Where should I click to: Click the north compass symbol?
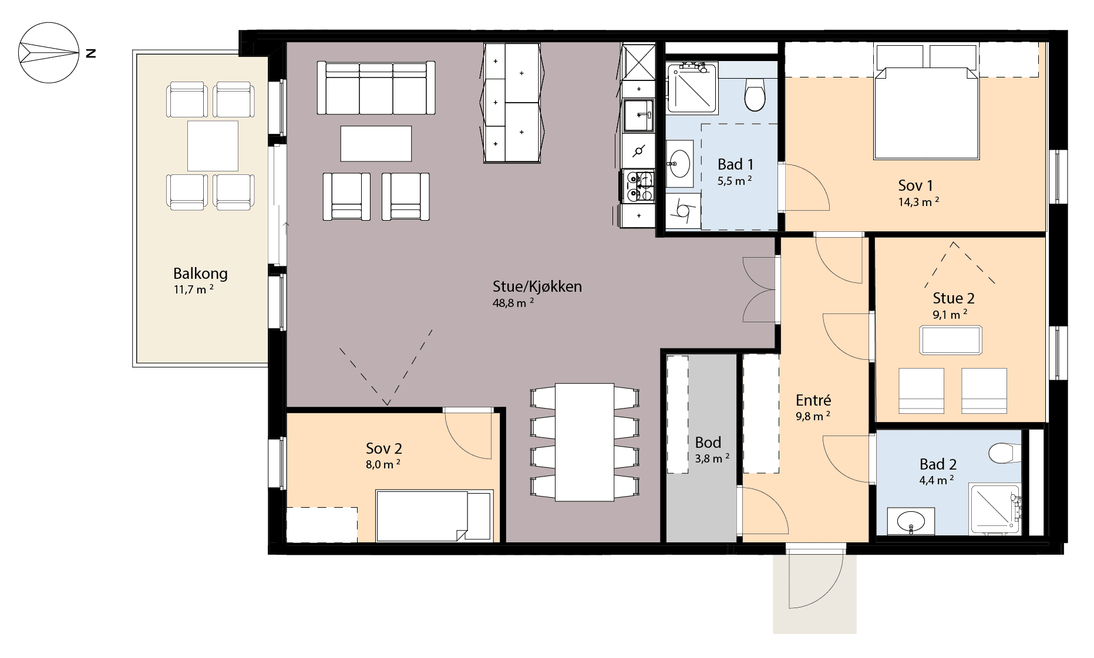click(x=49, y=53)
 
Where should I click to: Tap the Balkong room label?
click(x=200, y=274)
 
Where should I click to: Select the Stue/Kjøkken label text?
click(x=537, y=286)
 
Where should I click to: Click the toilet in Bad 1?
click(x=755, y=95)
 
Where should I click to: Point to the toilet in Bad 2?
click(x=1005, y=453)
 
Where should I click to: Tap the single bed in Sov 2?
click(x=434, y=515)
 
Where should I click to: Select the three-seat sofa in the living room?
click(x=376, y=88)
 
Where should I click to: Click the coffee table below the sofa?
click(x=376, y=144)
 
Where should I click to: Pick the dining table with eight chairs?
click(x=584, y=442)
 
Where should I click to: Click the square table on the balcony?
click(x=213, y=146)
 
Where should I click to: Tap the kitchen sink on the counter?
click(x=638, y=116)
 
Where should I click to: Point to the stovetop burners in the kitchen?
click(x=638, y=186)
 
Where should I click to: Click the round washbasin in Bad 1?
click(x=679, y=164)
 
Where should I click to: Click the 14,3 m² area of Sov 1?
click(x=918, y=202)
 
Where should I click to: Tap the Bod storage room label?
click(x=708, y=443)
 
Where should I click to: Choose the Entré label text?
click(x=813, y=400)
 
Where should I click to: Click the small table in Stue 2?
click(x=951, y=340)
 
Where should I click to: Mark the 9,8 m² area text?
click(x=813, y=416)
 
